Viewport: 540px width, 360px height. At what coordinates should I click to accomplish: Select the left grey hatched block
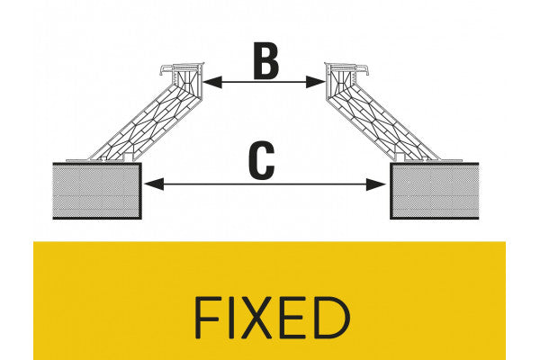[96, 191]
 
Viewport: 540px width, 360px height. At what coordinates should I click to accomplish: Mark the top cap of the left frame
[179, 69]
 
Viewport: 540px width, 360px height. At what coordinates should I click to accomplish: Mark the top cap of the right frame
[352, 69]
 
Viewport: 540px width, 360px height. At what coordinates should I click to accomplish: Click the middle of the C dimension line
[265, 184]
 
